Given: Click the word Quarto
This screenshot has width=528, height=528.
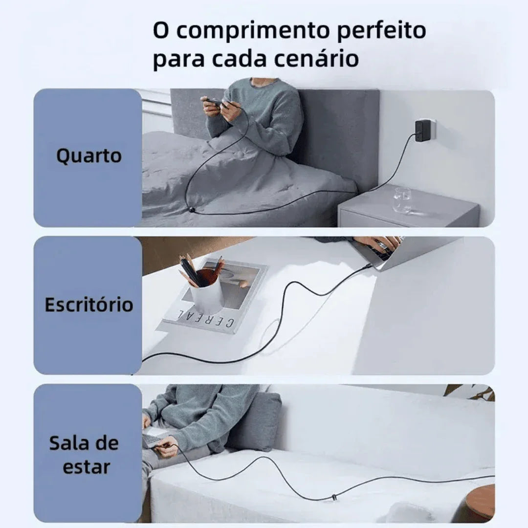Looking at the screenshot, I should pos(88,156).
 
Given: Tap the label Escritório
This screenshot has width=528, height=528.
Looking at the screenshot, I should pos(88,305).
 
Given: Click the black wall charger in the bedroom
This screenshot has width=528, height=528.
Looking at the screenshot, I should pos(422,130).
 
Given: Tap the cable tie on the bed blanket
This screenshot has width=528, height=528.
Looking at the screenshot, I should pos(192,210).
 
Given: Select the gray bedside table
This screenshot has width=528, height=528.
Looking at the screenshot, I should pos(408,213).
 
